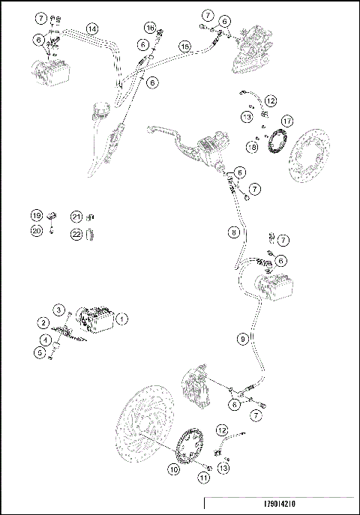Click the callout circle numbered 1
point(124,319)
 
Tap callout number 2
point(44,322)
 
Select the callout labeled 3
point(58,310)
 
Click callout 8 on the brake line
point(235,233)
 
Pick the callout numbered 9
point(242,340)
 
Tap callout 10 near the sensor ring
point(173,470)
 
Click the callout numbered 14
point(91,28)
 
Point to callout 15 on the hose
point(184,46)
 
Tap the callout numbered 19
point(36,216)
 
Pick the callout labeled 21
point(76,216)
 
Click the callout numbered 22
point(76,235)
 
